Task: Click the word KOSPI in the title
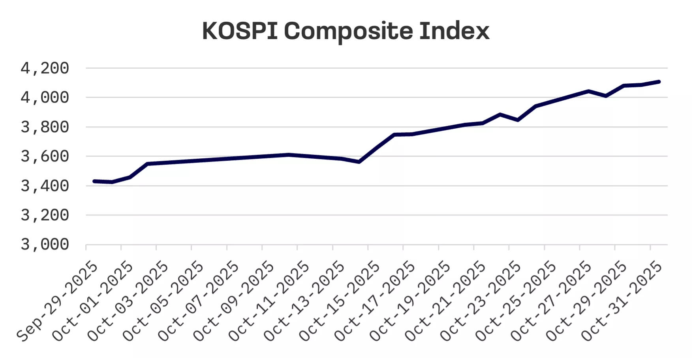(240, 31)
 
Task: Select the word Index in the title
(454, 31)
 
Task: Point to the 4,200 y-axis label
(45, 69)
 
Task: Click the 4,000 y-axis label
(45, 98)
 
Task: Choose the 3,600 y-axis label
(45, 157)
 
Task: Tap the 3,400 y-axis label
(45, 186)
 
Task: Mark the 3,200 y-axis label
(45, 216)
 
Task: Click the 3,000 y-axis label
(45, 245)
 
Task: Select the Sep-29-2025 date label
(58, 301)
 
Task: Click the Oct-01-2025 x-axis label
(93, 301)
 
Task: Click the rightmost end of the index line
(659, 82)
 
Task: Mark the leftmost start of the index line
(94, 181)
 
